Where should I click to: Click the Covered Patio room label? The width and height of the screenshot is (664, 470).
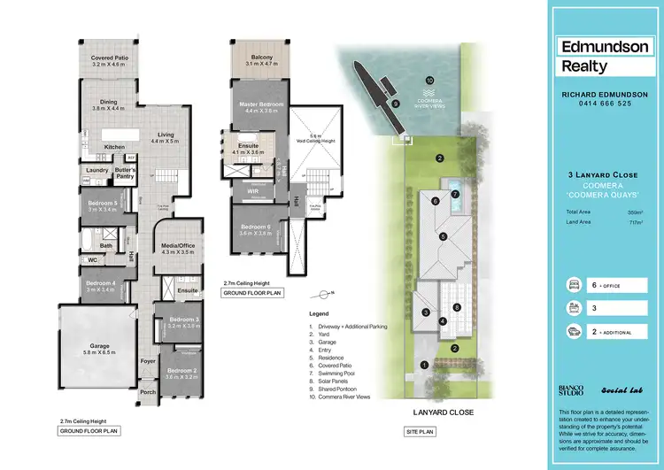110,58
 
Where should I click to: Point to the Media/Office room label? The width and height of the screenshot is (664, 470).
177,247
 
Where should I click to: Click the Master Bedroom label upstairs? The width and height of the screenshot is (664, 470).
261,104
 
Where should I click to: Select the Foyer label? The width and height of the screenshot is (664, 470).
147,361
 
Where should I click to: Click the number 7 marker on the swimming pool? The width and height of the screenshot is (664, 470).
455,194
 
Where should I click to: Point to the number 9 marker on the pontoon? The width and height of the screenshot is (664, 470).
396,104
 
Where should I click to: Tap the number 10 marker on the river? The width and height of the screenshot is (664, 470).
430,80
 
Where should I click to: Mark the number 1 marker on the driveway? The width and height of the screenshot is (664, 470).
425,365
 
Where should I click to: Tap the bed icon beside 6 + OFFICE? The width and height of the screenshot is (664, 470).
573,285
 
